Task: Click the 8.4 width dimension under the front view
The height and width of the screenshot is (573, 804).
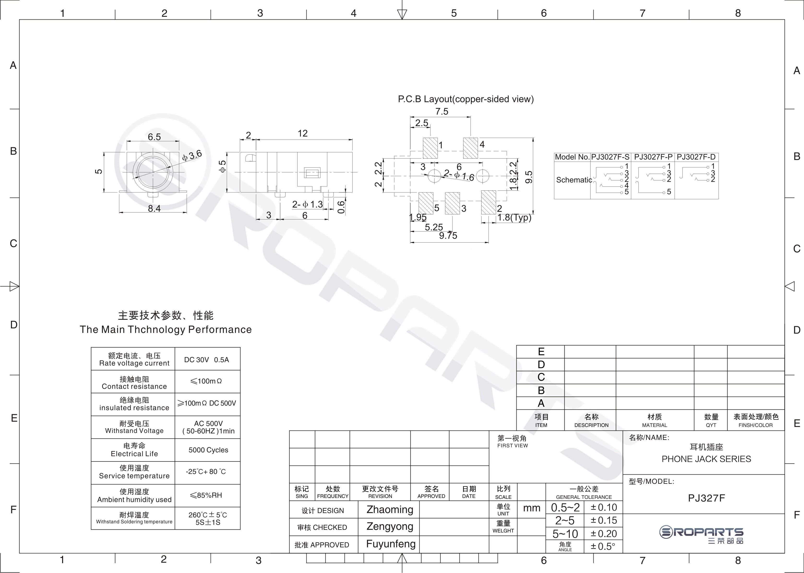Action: tap(154, 208)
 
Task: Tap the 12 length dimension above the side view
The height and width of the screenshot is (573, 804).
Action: tap(303, 133)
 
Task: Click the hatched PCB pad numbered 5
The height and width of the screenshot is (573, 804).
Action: tap(426, 203)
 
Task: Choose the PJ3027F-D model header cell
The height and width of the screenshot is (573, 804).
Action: tap(696, 157)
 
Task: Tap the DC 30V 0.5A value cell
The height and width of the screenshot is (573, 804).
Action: tap(207, 359)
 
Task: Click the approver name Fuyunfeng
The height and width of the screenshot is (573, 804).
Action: tap(391, 544)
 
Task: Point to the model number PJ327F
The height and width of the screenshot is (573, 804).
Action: tap(706, 498)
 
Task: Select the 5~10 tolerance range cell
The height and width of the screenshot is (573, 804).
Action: tap(565, 533)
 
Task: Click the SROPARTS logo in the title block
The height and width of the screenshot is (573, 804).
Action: tap(702, 535)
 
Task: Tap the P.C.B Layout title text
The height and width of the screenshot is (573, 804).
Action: tap(465, 99)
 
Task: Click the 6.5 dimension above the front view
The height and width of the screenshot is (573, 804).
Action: tap(154, 137)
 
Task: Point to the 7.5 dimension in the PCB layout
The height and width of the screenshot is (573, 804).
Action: tap(441, 112)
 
